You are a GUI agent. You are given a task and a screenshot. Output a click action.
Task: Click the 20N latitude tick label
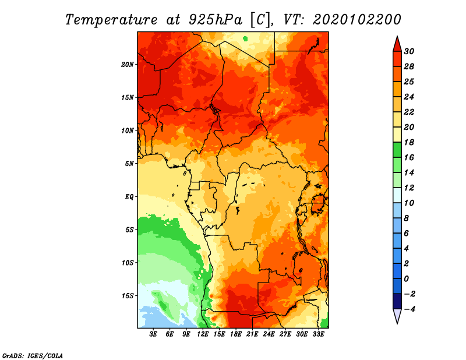pos(128,65)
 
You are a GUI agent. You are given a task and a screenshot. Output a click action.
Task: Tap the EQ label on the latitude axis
pos(129,197)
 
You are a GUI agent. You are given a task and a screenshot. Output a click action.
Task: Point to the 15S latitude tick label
pos(128,296)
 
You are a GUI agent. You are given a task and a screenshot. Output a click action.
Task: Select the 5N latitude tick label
pos(129,164)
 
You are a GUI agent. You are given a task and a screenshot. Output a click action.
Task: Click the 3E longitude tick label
pos(153,334)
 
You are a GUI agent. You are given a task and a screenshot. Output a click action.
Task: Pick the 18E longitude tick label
pos(236,334)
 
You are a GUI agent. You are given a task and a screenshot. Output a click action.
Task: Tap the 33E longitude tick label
pos(318,334)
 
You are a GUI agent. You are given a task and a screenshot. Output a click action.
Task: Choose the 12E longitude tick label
pos(203,334)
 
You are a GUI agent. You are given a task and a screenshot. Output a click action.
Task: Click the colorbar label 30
pos(409,51)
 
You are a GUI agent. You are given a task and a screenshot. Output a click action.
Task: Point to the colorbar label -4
pos(409,309)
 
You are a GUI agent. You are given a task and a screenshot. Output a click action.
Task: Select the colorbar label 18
pos(409,142)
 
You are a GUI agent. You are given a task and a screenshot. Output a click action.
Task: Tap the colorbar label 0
pos(407,279)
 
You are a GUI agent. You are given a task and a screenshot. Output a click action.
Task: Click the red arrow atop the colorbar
pos(397,45)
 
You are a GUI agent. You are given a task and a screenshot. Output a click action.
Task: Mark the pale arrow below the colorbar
pos(397,315)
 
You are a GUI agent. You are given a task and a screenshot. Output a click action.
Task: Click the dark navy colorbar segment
pos(397,301)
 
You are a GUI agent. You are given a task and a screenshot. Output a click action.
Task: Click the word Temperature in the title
pos(111,20)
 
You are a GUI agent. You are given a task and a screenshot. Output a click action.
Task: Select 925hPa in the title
pos(216,20)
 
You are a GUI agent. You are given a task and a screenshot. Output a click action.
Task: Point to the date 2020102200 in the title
pos(357,20)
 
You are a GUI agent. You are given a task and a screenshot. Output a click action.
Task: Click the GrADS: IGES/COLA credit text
pos(33,356)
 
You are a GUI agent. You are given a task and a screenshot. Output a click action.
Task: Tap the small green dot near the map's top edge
pos(245,38)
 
